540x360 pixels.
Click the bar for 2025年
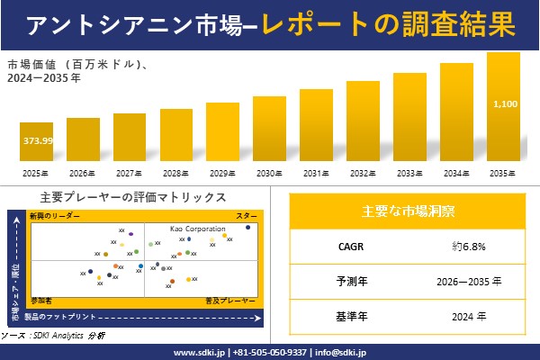coord(37,144)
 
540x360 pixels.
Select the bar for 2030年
coord(270,128)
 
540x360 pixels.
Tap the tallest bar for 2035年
coord(503,106)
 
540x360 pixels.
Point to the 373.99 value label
coord(37,140)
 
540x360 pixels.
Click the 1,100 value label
coord(505,104)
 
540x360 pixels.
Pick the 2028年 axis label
coord(176,172)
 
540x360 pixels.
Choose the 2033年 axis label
coord(409,172)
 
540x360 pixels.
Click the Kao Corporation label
coord(198,229)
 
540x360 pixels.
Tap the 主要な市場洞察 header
coord(408,211)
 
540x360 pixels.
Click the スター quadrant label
coord(247,216)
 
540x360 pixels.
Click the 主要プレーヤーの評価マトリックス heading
coord(133,197)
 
